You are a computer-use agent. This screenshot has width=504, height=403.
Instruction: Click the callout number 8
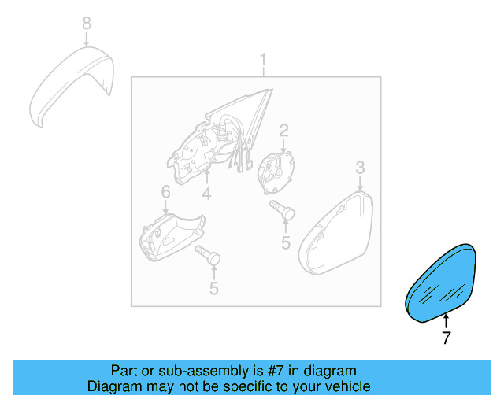(x=87, y=24)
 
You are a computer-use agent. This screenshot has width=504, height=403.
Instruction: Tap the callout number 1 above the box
(x=263, y=61)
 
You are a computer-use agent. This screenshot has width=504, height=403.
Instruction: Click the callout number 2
(x=283, y=131)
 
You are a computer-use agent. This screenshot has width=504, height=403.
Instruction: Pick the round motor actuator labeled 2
(x=276, y=172)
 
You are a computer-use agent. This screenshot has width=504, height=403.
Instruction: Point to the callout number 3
(x=360, y=168)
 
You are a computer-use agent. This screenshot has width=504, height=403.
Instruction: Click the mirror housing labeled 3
(x=336, y=234)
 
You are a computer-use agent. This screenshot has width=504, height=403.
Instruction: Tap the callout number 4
(x=206, y=194)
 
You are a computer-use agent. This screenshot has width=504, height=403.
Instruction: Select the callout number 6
(x=165, y=192)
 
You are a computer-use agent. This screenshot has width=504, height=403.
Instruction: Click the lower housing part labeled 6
(x=172, y=237)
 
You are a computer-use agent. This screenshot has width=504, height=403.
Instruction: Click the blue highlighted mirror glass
(x=441, y=283)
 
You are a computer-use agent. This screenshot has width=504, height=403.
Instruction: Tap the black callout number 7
(x=447, y=338)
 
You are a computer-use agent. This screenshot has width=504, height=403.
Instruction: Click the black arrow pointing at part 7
(x=446, y=321)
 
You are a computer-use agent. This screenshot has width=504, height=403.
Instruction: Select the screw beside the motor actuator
(x=282, y=209)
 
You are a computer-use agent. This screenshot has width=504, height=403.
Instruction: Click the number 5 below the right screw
(x=286, y=242)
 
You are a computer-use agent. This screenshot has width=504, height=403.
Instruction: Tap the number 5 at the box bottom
(x=214, y=288)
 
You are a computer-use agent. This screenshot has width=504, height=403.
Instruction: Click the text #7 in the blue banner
(x=275, y=371)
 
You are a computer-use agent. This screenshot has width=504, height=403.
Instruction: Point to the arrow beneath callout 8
(x=87, y=39)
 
